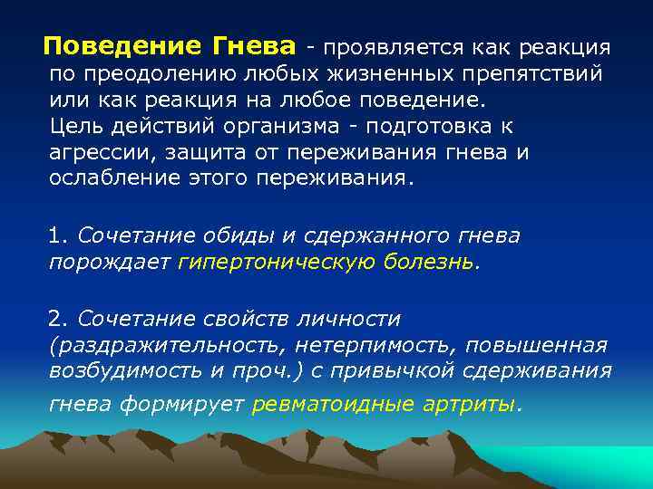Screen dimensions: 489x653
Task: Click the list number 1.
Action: [x=58, y=235]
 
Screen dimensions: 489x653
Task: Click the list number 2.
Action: [x=58, y=319]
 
